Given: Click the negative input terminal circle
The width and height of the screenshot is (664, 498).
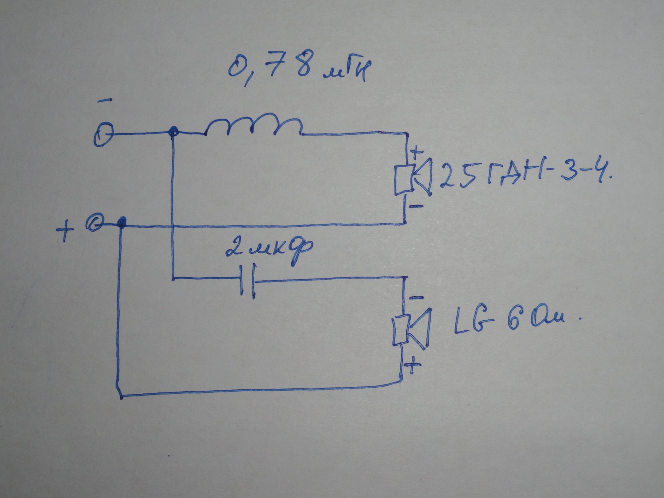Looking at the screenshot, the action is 103,135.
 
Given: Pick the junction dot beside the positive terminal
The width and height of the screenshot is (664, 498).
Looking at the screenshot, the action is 123,222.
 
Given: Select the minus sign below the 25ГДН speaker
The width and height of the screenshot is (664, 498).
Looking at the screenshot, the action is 416,206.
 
